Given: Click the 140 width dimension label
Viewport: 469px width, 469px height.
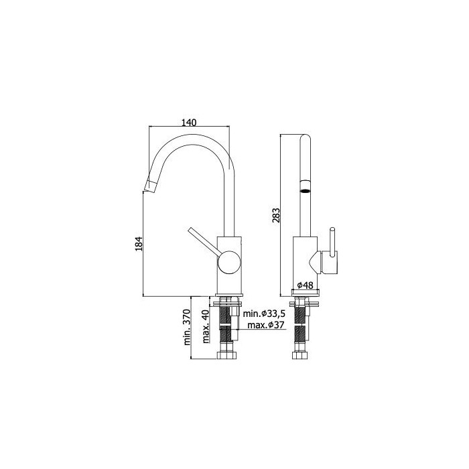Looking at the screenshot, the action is click(x=190, y=123).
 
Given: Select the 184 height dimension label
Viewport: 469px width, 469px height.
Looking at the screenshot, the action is click(x=139, y=244).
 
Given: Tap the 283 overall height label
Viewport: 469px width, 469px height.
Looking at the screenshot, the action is click(x=276, y=215).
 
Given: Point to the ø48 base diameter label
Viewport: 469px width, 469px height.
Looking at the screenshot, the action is click(x=305, y=285).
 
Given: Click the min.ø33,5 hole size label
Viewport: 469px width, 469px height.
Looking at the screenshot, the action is click(x=265, y=314).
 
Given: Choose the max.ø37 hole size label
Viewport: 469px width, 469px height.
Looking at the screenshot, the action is click(x=265, y=325).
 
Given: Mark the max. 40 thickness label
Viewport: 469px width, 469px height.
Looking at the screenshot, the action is click(x=206, y=326).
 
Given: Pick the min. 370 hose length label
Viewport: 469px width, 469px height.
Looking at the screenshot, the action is click(x=187, y=328).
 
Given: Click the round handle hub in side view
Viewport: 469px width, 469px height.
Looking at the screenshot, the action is click(x=229, y=262).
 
